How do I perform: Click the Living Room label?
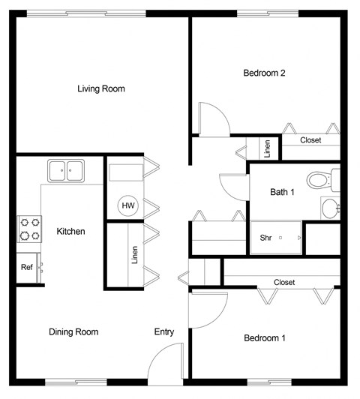point(101,88)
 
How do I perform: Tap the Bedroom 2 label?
point(265,73)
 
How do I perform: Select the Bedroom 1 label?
point(265,338)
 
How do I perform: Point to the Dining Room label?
point(73,331)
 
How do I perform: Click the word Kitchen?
point(70,231)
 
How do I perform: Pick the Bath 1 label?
point(282,192)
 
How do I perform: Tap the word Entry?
point(164,331)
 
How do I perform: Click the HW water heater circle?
point(127,205)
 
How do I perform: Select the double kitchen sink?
point(67,171)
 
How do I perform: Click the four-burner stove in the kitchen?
point(29,228)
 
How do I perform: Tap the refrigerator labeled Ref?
point(28,267)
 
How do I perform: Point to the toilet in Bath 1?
point(321,180)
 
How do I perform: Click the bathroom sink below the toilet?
point(330,207)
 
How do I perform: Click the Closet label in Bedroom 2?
point(310,140)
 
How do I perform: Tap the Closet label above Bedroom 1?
point(284,283)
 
